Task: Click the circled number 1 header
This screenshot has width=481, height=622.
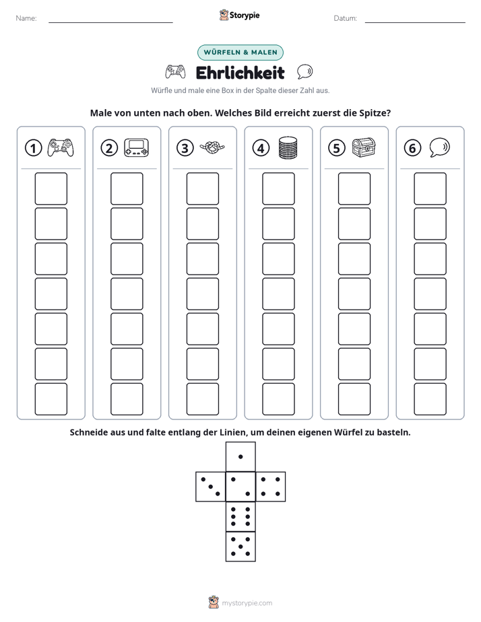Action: [33, 148]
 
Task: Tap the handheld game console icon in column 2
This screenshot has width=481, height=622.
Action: [136, 147]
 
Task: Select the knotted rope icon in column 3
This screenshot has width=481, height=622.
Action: [212, 147]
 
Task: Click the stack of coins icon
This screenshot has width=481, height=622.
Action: [288, 147]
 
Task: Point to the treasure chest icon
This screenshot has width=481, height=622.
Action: [364, 147]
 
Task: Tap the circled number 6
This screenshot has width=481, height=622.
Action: [412, 148]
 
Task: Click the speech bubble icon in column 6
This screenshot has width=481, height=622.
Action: [440, 147]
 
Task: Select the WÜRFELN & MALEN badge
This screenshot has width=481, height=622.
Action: [241, 53]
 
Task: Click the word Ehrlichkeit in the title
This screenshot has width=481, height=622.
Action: [240, 73]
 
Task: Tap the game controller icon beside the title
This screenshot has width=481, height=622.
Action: [175, 72]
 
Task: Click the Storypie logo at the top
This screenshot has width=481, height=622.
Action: [240, 15]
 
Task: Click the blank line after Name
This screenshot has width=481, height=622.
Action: [110, 22]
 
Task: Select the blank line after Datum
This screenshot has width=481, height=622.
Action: [415, 22]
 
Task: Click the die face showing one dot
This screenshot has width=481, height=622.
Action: [241, 456]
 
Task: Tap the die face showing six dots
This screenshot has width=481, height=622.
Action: [241, 516]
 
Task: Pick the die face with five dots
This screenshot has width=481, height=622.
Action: [241, 547]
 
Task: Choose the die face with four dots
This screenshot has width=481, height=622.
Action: [271, 487]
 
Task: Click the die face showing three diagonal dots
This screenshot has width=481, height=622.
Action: [211, 487]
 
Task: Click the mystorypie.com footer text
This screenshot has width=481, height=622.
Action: [247, 603]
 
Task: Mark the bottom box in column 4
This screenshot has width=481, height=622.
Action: [278, 399]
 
